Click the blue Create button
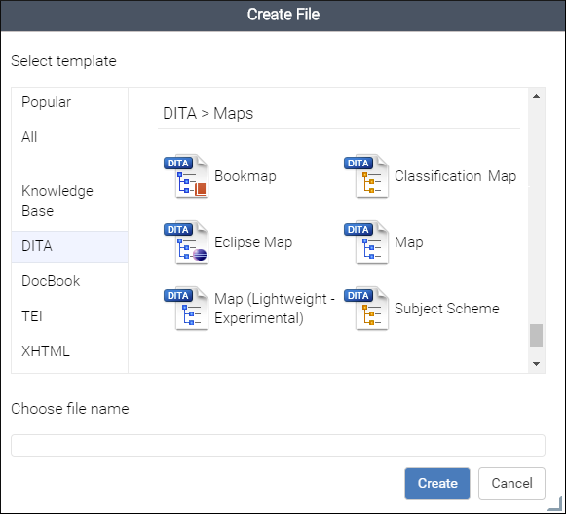pos(437,484)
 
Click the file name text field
pos(278,445)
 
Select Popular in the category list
pos(46,102)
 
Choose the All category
pos(29,137)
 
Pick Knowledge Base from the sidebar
pos(57,201)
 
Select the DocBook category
pos(51,281)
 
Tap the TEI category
pos(32,316)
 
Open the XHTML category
pos(46,351)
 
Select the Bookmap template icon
pos(186,176)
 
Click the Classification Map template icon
pos(366,176)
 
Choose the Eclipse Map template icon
pos(186,242)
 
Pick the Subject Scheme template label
pos(447,309)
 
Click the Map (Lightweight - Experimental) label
pos(275,309)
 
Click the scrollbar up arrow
pos(537,96)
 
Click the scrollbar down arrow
pos(537,363)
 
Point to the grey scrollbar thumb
pos(537,335)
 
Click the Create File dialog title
pos(283,15)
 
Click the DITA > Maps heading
pos(208,113)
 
